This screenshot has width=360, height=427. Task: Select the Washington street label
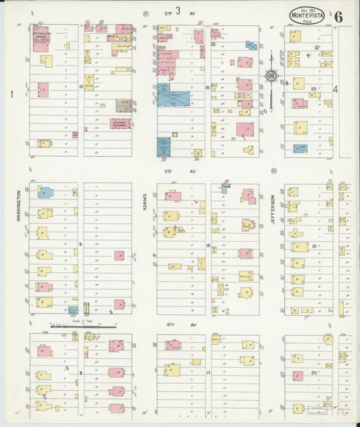[20, 205]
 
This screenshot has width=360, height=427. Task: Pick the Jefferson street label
[273, 207]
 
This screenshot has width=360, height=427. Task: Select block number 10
[80, 86]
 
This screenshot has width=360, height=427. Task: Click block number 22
[313, 89]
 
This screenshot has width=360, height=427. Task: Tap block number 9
[80, 243]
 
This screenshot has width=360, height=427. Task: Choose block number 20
[313, 372]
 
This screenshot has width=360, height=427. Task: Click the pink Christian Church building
[41, 41]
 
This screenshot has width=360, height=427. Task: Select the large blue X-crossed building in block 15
[174, 99]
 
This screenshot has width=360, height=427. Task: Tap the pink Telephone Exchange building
[120, 124]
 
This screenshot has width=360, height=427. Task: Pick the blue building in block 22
[300, 148]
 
